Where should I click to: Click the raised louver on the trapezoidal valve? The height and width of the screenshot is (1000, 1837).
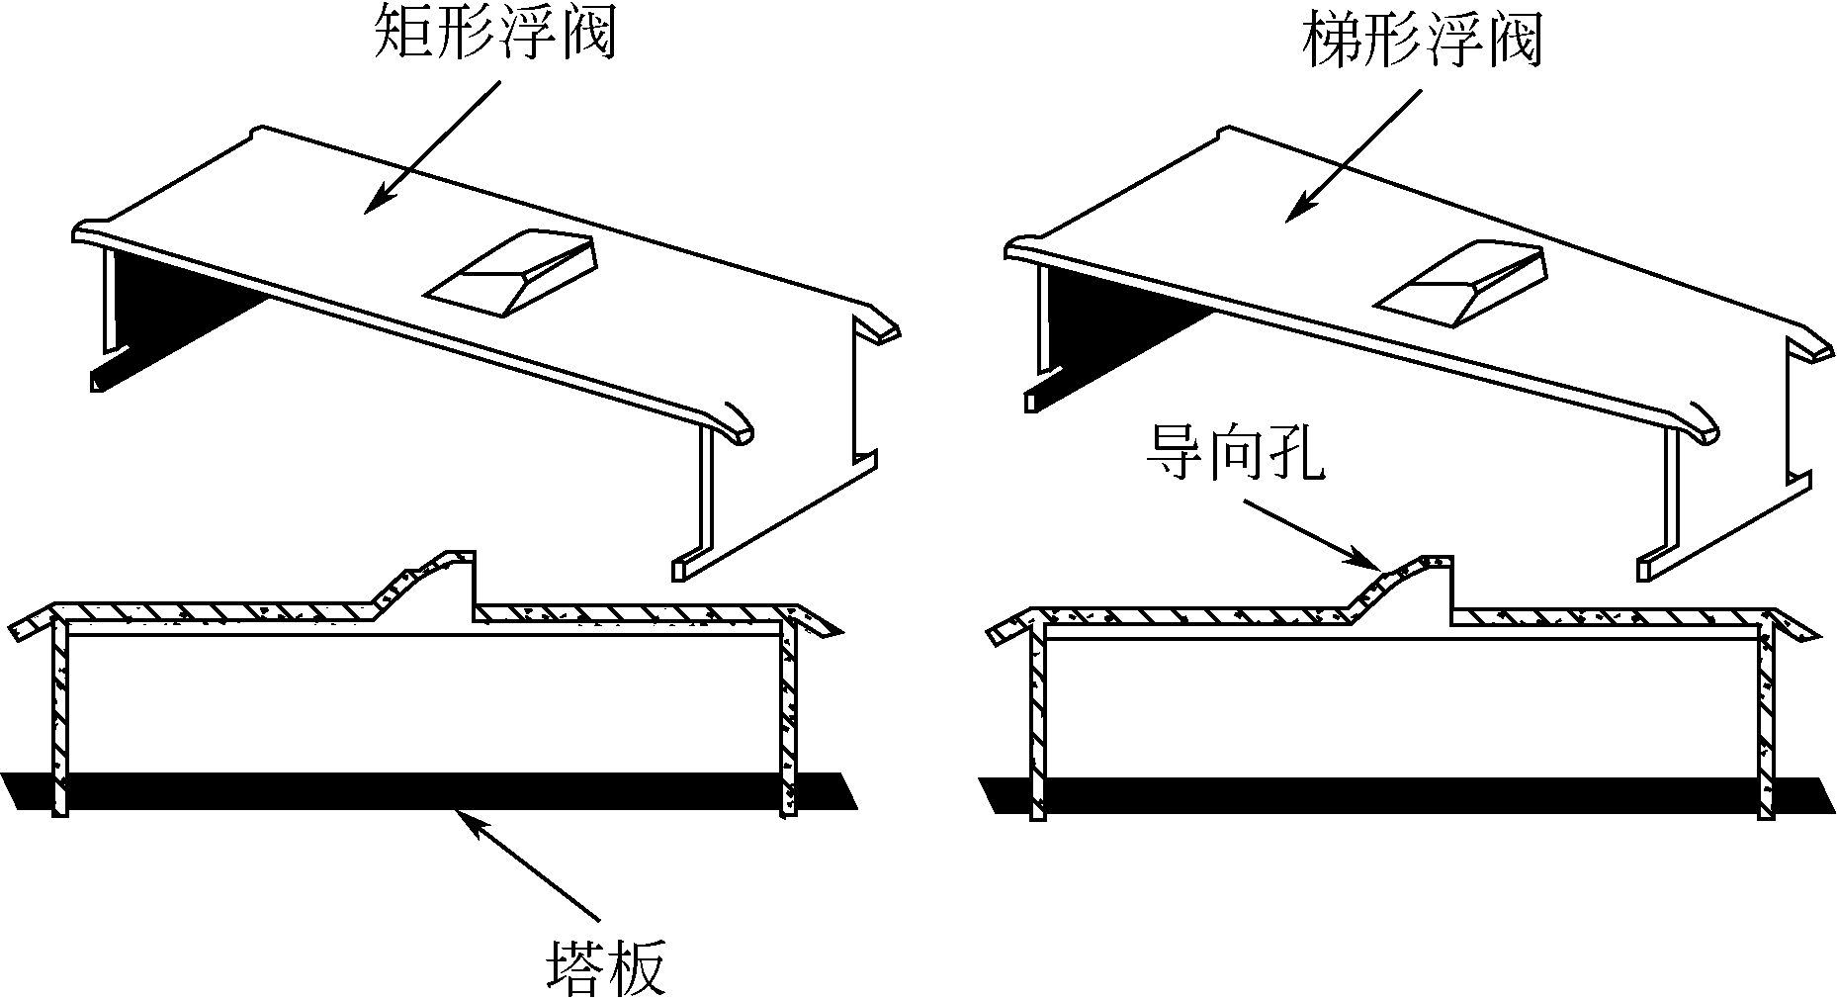[1459, 282]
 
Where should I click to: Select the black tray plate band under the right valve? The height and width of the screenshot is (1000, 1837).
[1403, 795]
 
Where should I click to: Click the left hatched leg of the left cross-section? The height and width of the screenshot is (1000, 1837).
[60, 719]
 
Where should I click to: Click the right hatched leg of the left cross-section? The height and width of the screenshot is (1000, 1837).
[789, 719]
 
